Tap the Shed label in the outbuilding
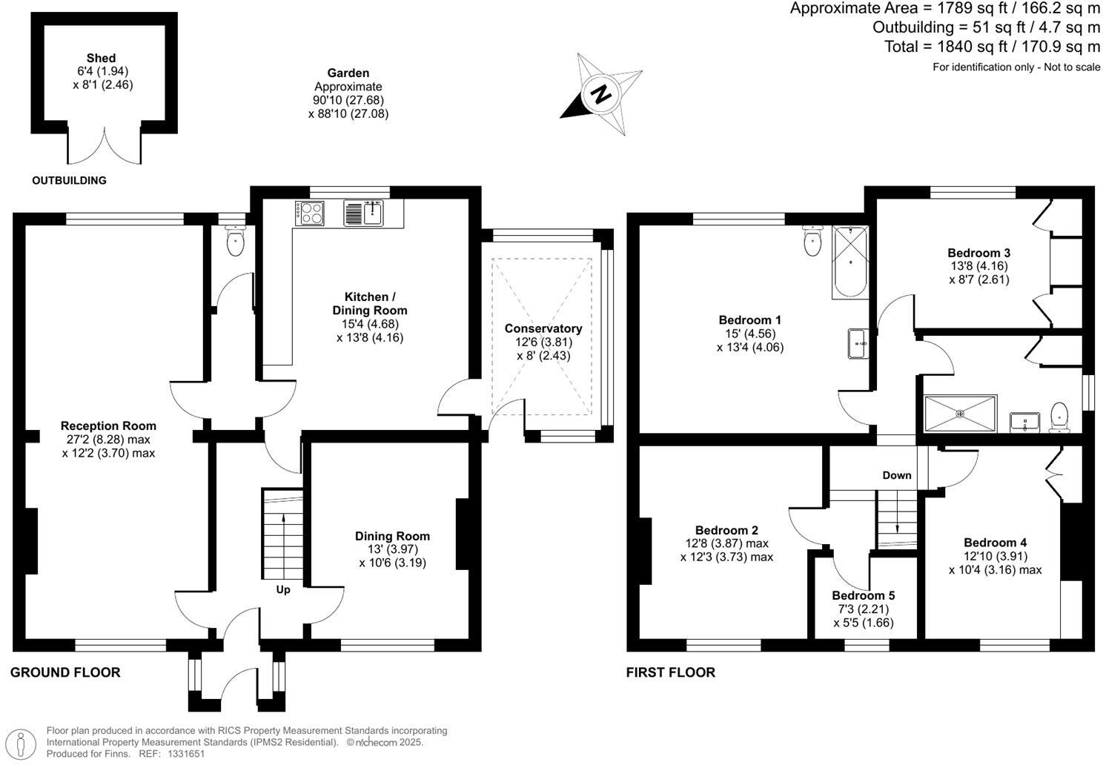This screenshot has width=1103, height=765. click(101, 58)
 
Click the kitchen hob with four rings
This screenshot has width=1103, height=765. click(310, 213)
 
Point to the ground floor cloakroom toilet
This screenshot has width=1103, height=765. click(236, 240)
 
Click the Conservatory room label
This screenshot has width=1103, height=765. click(543, 328)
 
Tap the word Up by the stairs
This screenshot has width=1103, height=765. click(283, 590)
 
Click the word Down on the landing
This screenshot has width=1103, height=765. click(897, 475)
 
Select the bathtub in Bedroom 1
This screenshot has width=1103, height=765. click(850, 262)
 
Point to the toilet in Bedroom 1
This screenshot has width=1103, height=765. click(812, 241)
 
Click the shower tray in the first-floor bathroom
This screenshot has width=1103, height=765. click(961, 414)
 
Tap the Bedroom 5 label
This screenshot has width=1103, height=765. click(864, 596)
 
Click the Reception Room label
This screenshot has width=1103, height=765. click(108, 425)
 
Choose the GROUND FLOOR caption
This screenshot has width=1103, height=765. click(65, 672)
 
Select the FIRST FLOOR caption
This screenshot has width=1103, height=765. click(671, 672)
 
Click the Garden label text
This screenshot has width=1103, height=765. click(348, 73)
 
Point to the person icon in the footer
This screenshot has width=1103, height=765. click(21, 744)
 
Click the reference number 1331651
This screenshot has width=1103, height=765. click(186, 754)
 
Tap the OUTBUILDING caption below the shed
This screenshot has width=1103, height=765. click(70, 180)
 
